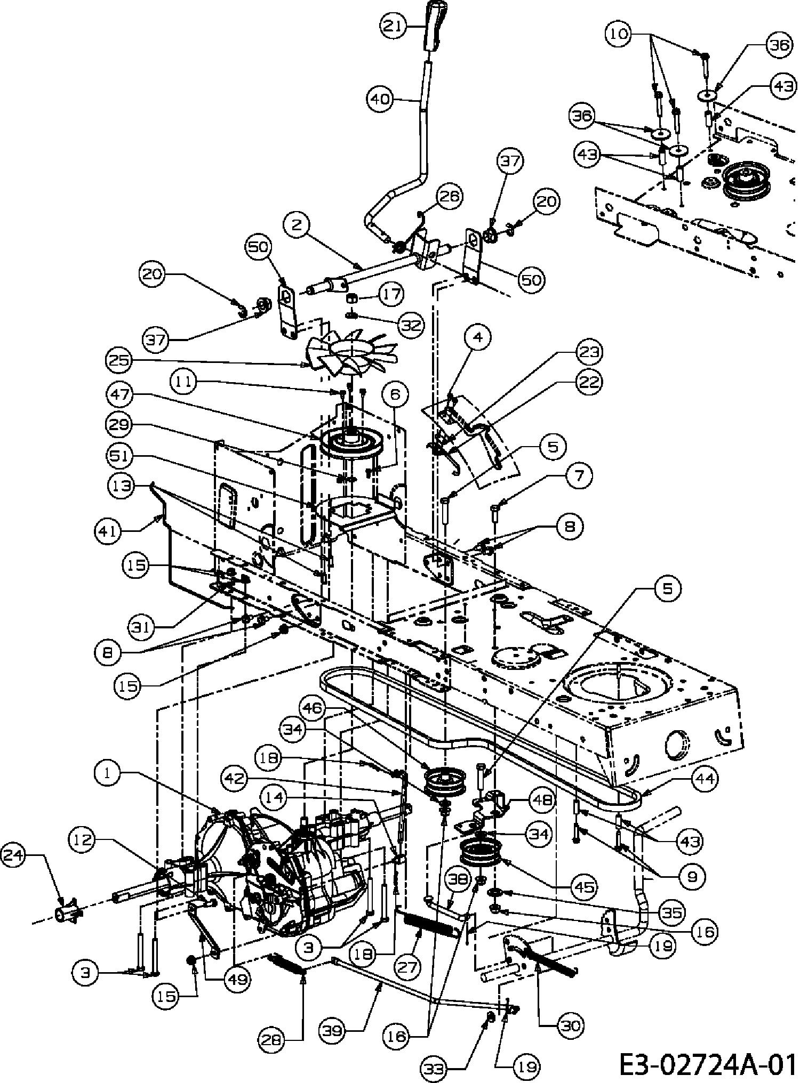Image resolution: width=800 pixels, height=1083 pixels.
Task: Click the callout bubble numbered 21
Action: point(393,26)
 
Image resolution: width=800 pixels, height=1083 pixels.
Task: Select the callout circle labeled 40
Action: point(380,99)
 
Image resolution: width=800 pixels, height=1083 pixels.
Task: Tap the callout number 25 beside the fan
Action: point(119,360)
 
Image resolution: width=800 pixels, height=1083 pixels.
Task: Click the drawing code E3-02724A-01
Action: point(707,1064)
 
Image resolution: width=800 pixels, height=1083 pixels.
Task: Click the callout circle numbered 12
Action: point(82,840)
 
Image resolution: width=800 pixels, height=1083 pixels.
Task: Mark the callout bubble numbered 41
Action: point(109,531)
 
